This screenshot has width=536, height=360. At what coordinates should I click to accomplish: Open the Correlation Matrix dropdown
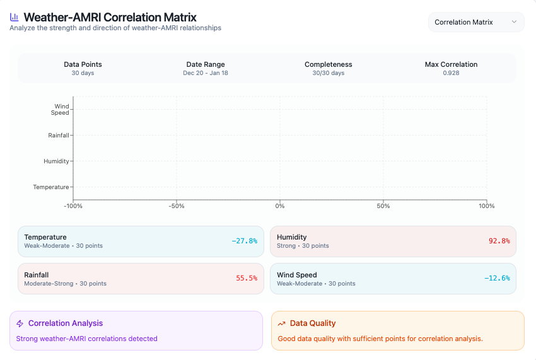pyautogui.click(x=475, y=22)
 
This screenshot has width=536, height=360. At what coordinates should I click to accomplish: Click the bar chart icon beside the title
pyautogui.click(x=15, y=18)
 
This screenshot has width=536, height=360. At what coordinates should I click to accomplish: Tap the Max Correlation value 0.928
pyautogui.click(x=451, y=73)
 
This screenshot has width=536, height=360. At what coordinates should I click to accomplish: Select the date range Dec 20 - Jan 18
pyautogui.click(x=206, y=73)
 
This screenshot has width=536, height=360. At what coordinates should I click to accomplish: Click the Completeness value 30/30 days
pyautogui.click(x=328, y=73)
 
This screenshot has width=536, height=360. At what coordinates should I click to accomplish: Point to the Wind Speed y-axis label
pyautogui.click(x=61, y=110)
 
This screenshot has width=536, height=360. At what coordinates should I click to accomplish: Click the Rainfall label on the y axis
pyautogui.click(x=58, y=136)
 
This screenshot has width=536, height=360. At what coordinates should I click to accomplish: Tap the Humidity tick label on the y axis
pyautogui.click(x=56, y=161)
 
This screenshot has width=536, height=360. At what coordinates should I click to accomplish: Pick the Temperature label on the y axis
pyautogui.click(x=51, y=187)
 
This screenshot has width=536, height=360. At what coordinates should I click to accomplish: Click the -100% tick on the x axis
pyautogui.click(x=73, y=206)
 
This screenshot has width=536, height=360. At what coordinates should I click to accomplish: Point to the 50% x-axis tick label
pyautogui.click(x=383, y=206)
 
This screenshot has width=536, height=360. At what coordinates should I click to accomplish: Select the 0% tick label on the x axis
pyautogui.click(x=280, y=206)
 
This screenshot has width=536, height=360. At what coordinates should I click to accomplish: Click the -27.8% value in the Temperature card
pyautogui.click(x=244, y=241)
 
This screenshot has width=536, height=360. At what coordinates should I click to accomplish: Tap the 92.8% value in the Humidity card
pyautogui.click(x=499, y=241)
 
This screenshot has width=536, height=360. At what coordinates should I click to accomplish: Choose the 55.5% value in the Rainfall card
pyautogui.click(x=247, y=278)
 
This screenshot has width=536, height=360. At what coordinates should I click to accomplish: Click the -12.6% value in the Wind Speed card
pyautogui.click(x=497, y=278)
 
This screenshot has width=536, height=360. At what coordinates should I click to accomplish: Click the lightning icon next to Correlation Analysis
pyautogui.click(x=20, y=323)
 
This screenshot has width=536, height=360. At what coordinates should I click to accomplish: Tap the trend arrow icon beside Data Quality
pyautogui.click(x=281, y=323)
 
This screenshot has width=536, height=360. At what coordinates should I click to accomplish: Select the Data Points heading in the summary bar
pyautogui.click(x=83, y=64)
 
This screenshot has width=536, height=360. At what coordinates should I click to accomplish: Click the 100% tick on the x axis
pyautogui.click(x=486, y=206)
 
